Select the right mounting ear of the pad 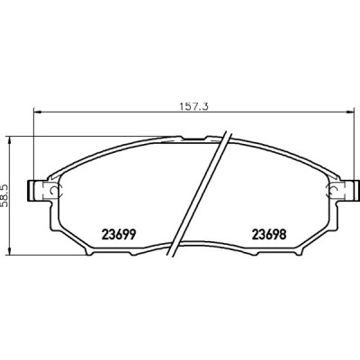[x=339, y=191]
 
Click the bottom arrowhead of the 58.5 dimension [x=11, y=256]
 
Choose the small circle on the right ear [x=330, y=191]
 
